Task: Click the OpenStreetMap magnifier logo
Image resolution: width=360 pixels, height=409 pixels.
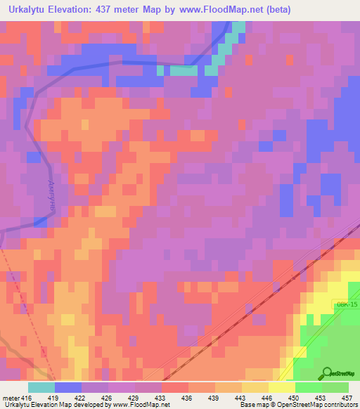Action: tap(328, 373)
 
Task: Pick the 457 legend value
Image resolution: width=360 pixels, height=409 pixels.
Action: tap(347, 398)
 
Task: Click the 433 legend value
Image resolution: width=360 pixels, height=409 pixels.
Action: tap(161, 398)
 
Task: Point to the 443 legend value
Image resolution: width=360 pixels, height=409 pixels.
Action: tap(241, 398)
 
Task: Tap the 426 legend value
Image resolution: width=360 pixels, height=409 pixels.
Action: tap(108, 398)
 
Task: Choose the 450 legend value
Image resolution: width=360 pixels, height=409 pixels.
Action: tap(295, 398)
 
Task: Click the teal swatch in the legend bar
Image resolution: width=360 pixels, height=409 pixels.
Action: tap(41, 387)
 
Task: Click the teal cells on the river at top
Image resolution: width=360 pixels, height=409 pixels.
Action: tap(184, 70)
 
